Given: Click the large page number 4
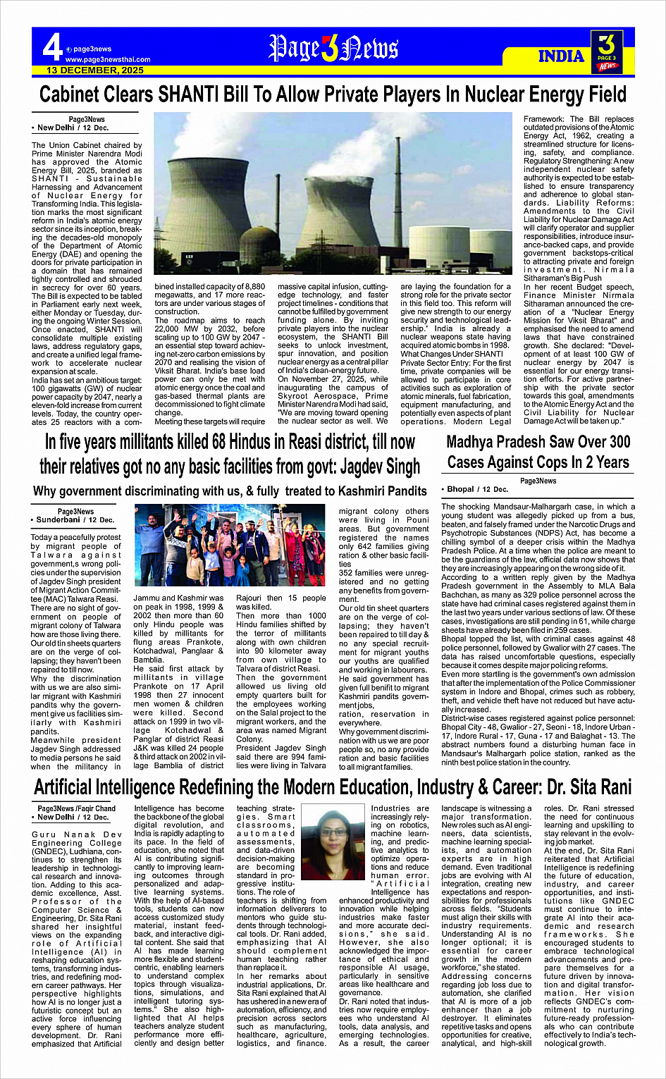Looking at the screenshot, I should [51, 48].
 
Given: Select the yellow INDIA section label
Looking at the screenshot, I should [561, 56].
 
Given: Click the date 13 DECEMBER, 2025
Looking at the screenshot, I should [95, 70].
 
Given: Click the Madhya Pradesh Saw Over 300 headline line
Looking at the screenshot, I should [538, 442].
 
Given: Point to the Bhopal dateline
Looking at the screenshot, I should [474, 489].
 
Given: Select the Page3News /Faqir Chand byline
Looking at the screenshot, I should [76, 808].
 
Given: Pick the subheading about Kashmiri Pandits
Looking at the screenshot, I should [230, 491].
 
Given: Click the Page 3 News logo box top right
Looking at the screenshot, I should [606, 50].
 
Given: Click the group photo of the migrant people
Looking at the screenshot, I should [229, 545].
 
